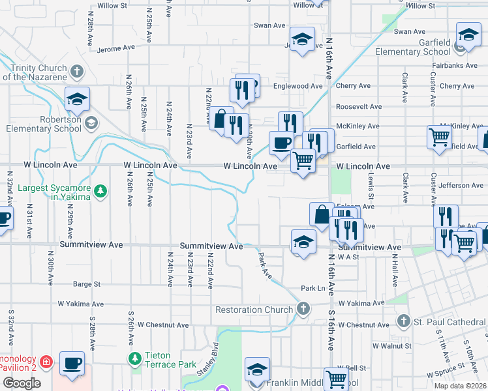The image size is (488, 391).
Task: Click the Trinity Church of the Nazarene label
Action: tap(34, 72)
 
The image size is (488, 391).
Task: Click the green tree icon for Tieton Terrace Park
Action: tap(135, 358)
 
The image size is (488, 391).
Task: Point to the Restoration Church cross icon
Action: tap(303, 310)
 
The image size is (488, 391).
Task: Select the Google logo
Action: tap(22, 383)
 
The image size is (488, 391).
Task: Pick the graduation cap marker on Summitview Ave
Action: tap(303, 242)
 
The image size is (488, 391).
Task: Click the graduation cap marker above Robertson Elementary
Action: tap(77, 99)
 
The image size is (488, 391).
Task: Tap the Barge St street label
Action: tap(87, 284)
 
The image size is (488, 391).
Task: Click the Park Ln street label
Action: tap(313, 288)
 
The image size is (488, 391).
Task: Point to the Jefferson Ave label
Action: tap(461, 186)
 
